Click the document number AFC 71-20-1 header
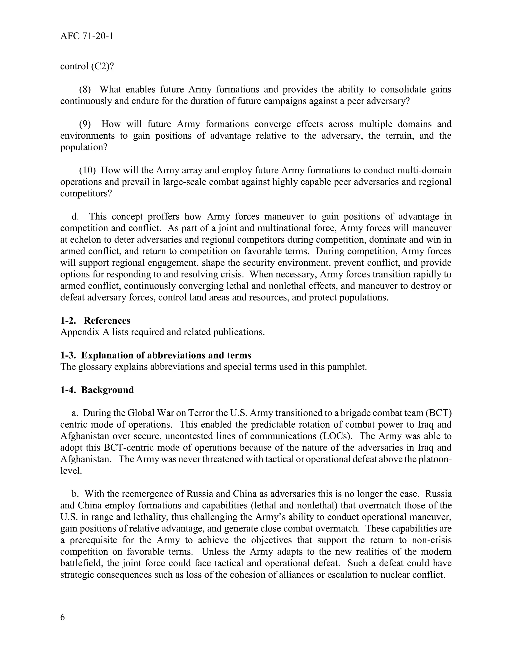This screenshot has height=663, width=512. (87, 37)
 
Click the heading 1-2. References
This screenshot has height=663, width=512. (95, 320)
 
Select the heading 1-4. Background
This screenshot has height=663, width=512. (97, 390)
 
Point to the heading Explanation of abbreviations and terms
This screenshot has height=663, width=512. (166, 355)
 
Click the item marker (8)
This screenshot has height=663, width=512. (85, 89)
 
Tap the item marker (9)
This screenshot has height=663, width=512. (85, 124)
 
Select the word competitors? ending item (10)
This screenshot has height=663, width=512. (86, 193)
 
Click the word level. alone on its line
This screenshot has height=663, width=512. (71, 471)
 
